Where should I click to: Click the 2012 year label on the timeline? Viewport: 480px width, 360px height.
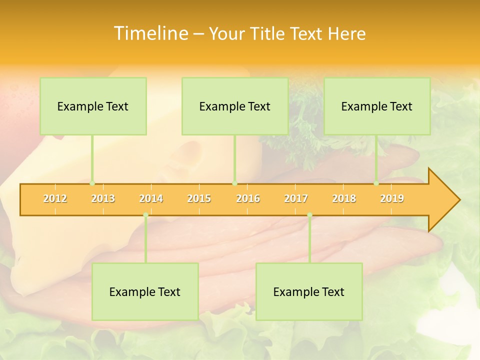coord(55,198)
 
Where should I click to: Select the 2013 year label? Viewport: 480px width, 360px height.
coord(103,198)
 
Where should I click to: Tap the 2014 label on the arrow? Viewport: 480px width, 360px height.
coord(151,198)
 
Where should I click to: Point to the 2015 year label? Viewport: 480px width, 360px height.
coord(199,198)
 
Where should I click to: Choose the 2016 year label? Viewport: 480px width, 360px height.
coord(248,198)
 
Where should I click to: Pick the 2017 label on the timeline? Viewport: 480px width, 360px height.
coord(296,198)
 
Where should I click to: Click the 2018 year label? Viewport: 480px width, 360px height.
coord(344,198)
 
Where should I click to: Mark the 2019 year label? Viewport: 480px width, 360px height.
coord(392,198)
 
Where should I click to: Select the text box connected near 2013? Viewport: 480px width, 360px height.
coord(93,106)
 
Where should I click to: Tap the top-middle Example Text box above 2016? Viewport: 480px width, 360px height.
coord(235,106)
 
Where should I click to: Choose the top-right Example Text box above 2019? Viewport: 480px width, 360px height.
coord(377,106)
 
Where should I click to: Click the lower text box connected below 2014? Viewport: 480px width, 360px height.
coord(145,291)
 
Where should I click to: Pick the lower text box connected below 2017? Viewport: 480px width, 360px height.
coord(309,291)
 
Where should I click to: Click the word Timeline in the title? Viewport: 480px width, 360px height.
coord(150,33)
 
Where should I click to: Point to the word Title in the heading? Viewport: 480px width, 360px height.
coord(268,33)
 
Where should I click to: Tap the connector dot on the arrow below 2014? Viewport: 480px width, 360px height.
coord(145,215)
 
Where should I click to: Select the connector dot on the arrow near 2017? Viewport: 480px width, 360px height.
coord(309,215)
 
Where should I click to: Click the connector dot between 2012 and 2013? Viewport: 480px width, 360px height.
coord(92,183)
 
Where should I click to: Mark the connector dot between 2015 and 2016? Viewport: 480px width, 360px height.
coord(234,183)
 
